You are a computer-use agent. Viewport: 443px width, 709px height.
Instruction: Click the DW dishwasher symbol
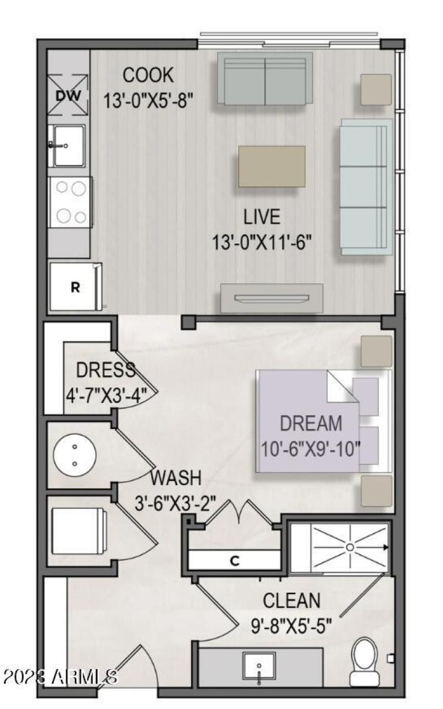click(68, 95)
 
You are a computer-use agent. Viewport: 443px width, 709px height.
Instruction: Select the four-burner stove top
click(70, 202)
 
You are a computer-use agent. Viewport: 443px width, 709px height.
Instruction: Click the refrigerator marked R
click(76, 287)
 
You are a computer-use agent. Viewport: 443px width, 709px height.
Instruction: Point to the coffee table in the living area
click(272, 166)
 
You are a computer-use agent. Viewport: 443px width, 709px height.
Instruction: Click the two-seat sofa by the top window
click(265, 79)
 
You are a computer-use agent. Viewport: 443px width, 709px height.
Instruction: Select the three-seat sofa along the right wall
click(366, 187)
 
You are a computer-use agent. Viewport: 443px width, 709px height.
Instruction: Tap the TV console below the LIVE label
click(272, 298)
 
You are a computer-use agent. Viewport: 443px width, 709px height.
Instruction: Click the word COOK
click(148, 75)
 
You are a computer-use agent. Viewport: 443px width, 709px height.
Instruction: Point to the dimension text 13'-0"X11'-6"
click(262, 243)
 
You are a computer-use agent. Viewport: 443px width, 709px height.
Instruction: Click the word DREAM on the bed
click(311, 423)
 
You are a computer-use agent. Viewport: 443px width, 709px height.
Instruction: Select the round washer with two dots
click(75, 455)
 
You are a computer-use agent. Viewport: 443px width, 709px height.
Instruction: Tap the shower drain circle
click(350, 547)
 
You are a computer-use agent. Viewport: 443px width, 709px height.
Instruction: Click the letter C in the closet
click(235, 561)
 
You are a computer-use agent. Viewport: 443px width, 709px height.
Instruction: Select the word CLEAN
click(291, 600)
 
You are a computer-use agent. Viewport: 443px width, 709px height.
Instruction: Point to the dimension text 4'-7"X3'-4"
click(106, 395)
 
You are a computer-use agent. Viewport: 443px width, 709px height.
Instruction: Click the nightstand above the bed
click(377, 351)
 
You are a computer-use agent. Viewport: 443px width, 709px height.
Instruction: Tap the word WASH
click(176, 478)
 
